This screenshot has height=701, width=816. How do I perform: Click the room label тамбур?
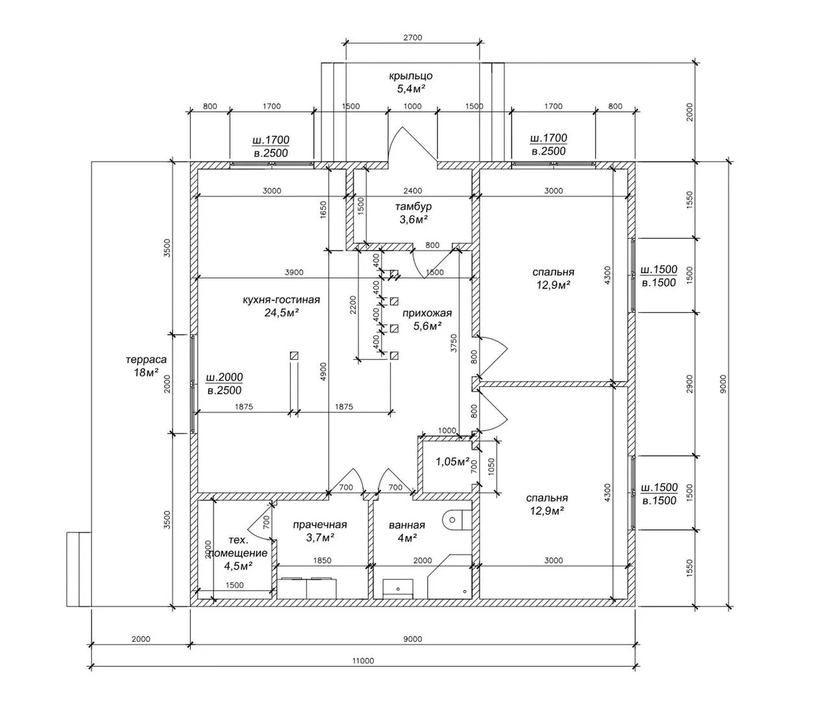click(x=413, y=206)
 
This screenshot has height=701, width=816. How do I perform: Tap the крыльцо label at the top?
click(x=415, y=76)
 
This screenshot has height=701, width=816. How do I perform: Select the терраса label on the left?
click(x=146, y=360)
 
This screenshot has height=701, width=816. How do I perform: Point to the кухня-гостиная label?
click(x=281, y=300)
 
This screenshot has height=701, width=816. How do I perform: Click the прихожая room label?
click(x=427, y=313)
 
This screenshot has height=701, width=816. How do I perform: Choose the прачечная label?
click(x=319, y=524)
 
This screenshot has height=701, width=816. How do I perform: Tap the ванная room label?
click(x=407, y=525)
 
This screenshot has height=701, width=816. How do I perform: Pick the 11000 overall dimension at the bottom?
click(x=363, y=661)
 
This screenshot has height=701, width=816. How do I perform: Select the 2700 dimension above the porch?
click(x=413, y=38)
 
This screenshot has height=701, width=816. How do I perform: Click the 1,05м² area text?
click(x=452, y=461)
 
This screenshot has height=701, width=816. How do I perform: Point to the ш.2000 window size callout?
click(x=224, y=377)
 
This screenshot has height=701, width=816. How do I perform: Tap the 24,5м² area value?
click(x=281, y=313)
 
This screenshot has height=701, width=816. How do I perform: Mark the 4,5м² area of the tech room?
click(x=238, y=565)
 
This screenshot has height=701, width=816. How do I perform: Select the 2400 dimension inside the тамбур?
click(x=412, y=191)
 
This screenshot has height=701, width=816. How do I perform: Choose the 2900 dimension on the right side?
click(x=690, y=383)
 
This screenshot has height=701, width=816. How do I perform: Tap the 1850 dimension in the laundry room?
click(x=322, y=560)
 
